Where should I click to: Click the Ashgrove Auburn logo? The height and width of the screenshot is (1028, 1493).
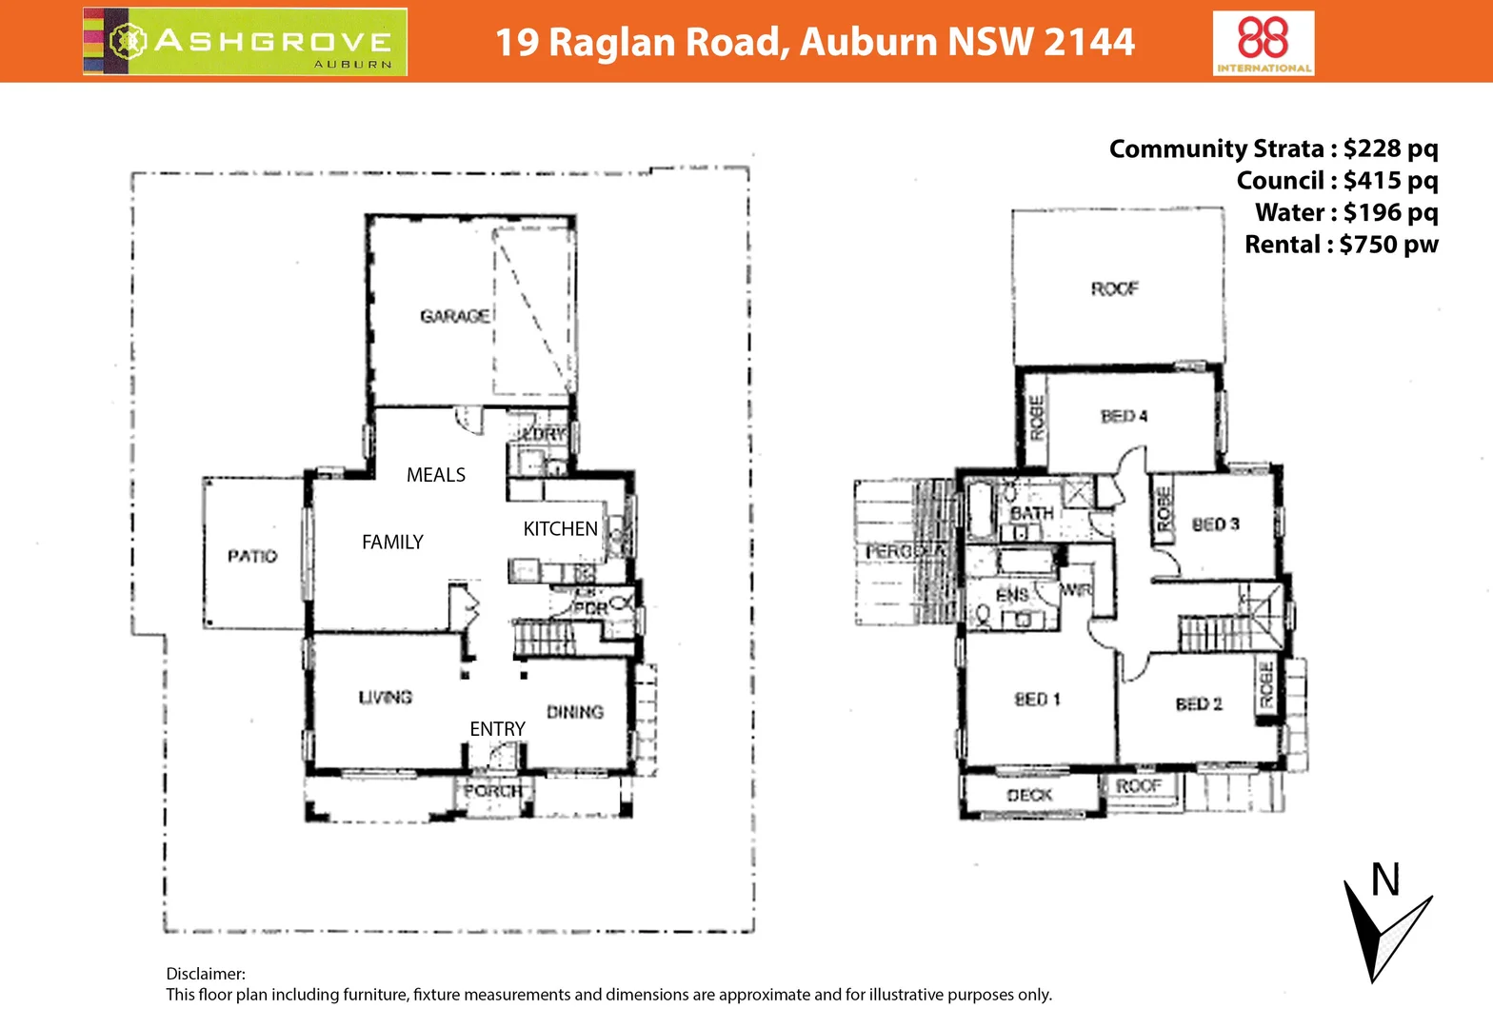(246, 42)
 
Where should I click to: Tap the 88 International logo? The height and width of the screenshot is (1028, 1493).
(1264, 43)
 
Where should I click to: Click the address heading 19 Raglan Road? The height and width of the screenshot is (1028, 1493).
(814, 42)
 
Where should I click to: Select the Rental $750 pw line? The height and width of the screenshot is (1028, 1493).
(1341, 245)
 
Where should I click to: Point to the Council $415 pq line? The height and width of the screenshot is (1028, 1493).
(1337, 181)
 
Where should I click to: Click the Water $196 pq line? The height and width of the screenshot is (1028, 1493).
(1345, 212)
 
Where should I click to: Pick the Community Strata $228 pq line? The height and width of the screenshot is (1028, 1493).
(1273, 148)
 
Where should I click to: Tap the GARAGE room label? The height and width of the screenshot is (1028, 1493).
(455, 316)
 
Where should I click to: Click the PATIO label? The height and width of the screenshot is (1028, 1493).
(252, 556)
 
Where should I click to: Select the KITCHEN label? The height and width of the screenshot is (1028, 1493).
(560, 529)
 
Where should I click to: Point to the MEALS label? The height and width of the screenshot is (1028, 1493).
(436, 475)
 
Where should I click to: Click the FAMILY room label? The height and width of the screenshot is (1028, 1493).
(392, 543)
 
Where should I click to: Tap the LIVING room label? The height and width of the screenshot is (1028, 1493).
(386, 698)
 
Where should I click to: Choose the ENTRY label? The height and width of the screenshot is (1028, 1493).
(497, 729)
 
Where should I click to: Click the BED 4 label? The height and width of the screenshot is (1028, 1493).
(1124, 416)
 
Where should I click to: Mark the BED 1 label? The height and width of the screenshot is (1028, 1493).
(1037, 700)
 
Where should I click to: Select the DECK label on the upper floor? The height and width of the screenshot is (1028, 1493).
(1029, 795)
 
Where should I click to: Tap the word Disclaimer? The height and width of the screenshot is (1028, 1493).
(206, 974)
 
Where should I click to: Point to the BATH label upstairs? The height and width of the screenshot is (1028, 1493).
(1031, 513)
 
